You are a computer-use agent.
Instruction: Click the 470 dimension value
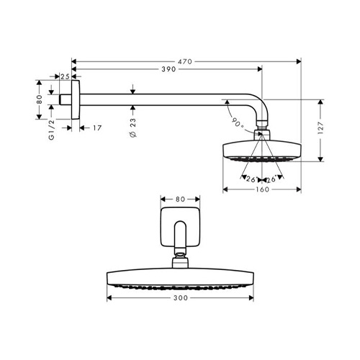pyautogui.click(x=185, y=62)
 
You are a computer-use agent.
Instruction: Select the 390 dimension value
pyautogui.click(x=168, y=69)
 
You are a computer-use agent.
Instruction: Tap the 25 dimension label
pyautogui.click(x=65, y=76)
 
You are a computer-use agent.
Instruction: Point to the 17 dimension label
pyautogui.click(x=97, y=128)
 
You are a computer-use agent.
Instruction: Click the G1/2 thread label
pyautogui.click(x=52, y=130)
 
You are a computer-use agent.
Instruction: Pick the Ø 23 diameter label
pyautogui.click(x=132, y=127)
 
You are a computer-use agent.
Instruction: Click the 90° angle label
pyautogui.click(x=238, y=122)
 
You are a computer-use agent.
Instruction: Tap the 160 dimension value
pyautogui.click(x=262, y=189)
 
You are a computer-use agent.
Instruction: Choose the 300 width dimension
pyautogui.click(x=181, y=298)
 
